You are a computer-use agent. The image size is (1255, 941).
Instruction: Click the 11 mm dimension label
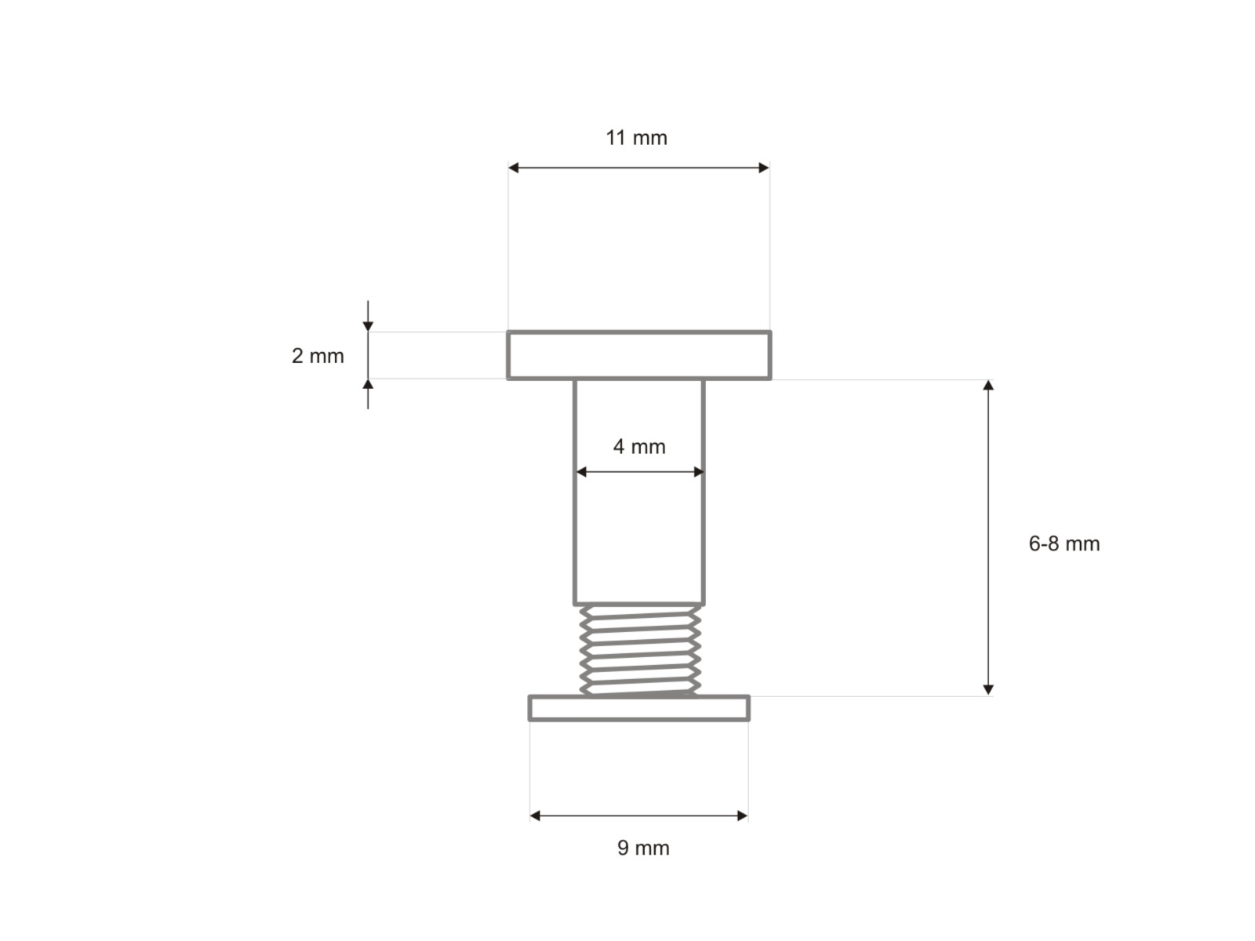point(636,138)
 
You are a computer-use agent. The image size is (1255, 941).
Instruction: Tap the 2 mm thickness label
point(318,356)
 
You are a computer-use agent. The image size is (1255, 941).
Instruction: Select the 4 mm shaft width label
point(639,446)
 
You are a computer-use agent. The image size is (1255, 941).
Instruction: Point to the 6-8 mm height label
point(1064,543)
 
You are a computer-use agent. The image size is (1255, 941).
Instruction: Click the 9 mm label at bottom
point(643,848)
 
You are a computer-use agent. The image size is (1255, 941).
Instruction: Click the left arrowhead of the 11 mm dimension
point(513,167)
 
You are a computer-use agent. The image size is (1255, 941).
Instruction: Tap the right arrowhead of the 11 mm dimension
point(764,167)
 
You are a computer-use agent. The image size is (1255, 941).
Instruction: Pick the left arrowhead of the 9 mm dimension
point(535,816)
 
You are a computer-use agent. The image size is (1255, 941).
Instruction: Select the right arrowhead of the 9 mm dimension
point(743,816)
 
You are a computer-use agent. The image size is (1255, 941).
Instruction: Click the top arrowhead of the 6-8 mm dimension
point(988,384)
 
